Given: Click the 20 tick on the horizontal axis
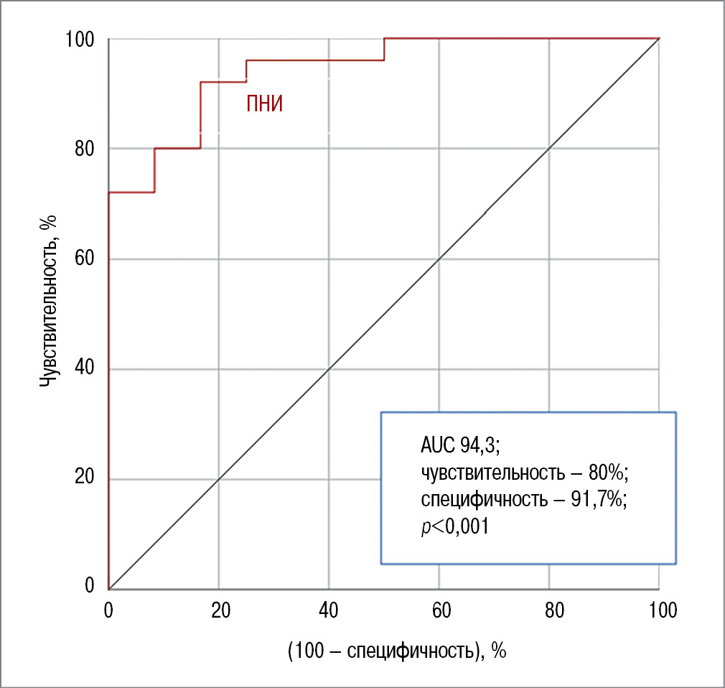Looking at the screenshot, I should point(220,610).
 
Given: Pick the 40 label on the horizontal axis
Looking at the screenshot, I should point(329,610).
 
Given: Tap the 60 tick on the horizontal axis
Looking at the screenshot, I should point(439,610).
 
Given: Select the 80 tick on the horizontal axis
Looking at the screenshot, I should point(549,610).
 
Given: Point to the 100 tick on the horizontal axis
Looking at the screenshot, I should point(660,610).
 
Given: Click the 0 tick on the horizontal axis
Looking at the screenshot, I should point(108,610).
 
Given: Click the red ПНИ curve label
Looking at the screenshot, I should point(265,105).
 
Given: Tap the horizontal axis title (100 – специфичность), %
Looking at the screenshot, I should point(397,651).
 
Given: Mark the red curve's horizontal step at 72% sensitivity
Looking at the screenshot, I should point(131,192).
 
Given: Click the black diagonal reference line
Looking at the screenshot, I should point(384,314).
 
